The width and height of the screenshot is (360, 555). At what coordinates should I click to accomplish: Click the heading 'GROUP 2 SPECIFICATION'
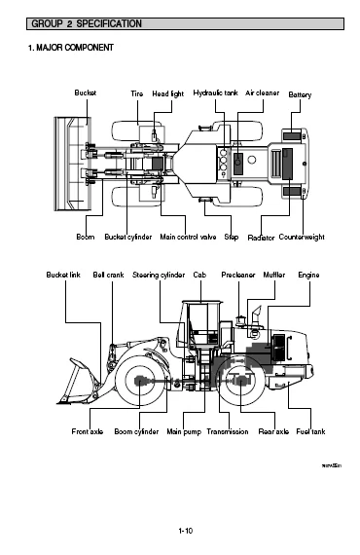[x=86, y=21]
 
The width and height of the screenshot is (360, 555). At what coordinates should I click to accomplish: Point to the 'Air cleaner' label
[x=262, y=92]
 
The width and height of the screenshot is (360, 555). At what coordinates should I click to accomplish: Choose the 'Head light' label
[x=167, y=92]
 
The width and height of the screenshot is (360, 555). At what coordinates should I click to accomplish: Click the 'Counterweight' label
[x=306, y=237]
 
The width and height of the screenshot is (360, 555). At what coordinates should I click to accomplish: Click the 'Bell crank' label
[x=108, y=276]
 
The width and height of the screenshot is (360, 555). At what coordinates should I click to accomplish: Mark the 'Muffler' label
[x=274, y=276]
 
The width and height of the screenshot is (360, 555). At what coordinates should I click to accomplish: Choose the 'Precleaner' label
[x=238, y=276]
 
